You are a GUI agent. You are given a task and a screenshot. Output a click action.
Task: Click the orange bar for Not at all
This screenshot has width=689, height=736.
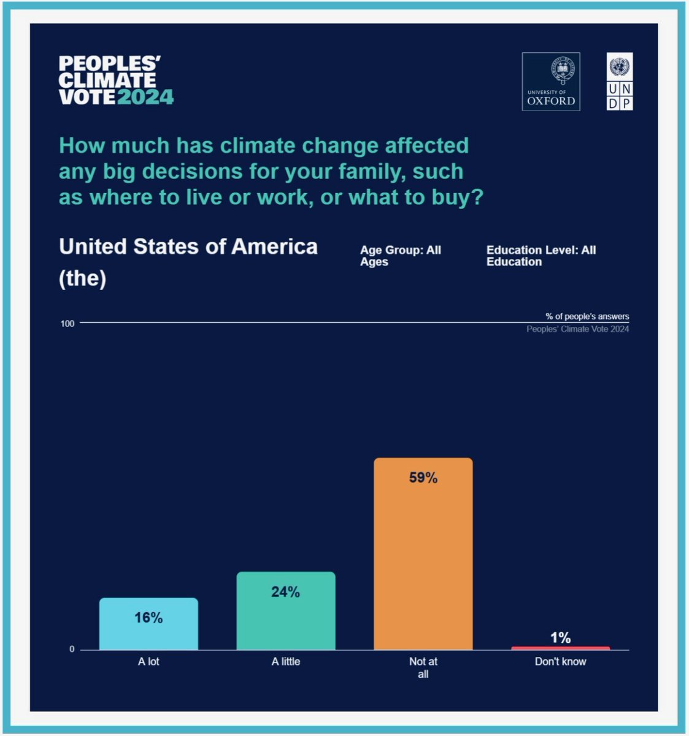click(x=423, y=564)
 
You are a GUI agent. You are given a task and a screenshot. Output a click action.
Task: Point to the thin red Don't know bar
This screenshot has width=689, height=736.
click(x=560, y=648)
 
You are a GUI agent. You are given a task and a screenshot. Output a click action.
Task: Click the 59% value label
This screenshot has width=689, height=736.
click(x=423, y=478)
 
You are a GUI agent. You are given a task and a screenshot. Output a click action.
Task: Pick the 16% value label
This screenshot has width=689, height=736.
click(x=148, y=618)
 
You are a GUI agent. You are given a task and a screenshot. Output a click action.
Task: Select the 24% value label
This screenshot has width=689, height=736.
click(x=286, y=592)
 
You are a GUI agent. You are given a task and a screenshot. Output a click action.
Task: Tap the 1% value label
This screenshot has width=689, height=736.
click(x=560, y=638)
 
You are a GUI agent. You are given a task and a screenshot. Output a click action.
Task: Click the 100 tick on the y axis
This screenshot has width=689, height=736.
click(x=67, y=323)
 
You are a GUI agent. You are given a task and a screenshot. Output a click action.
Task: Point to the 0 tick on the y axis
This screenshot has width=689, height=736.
click(x=72, y=649)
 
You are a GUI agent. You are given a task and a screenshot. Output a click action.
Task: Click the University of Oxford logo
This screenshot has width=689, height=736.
click(x=551, y=82)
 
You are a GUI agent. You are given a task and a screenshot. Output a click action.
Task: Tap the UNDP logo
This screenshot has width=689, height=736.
click(x=620, y=82)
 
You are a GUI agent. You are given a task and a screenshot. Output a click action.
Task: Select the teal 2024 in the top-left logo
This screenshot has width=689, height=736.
click(x=145, y=97)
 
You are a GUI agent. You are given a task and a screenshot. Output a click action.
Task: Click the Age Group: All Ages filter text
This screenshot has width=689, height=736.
click(x=400, y=256)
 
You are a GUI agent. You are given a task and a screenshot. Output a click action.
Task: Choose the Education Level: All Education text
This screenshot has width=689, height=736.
click(x=541, y=256)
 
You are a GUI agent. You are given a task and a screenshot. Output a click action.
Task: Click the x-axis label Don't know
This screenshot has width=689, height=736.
click(x=560, y=661)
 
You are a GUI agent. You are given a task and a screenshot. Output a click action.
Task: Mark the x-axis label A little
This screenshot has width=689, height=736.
click(x=286, y=661)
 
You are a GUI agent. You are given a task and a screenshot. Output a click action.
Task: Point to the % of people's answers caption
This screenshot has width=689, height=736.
click(x=587, y=316)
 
